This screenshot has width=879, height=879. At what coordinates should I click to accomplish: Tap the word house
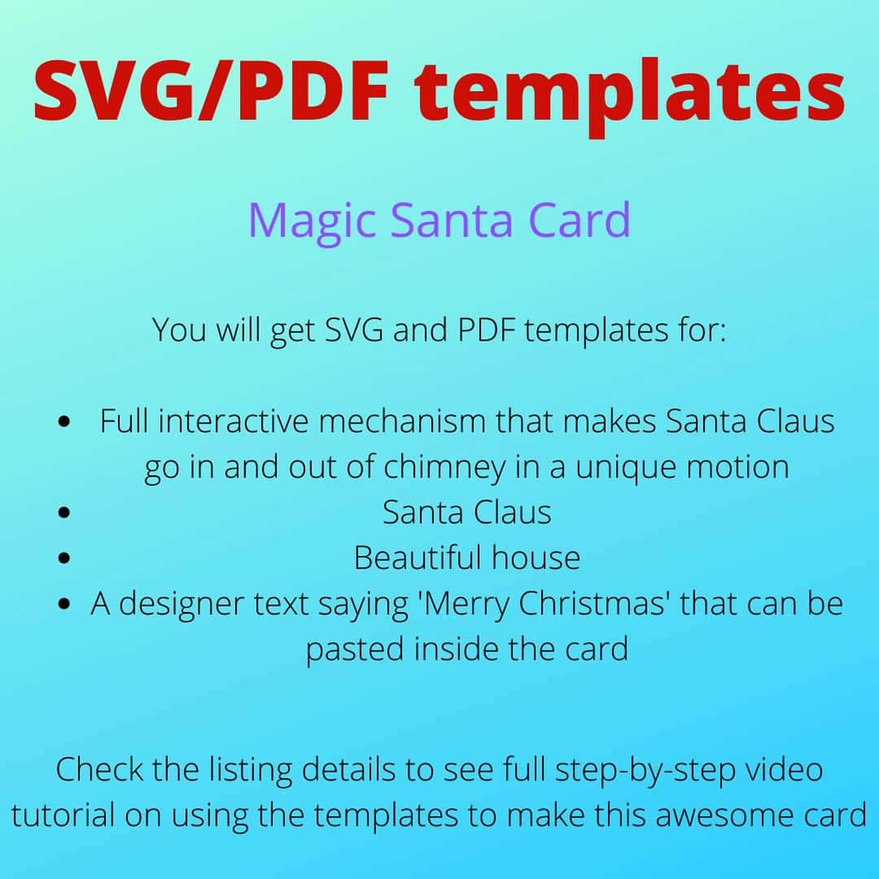536,558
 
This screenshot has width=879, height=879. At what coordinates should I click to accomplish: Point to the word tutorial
63,815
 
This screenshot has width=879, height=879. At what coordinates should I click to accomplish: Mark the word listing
251,771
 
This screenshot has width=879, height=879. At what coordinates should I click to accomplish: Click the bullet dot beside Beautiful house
64,558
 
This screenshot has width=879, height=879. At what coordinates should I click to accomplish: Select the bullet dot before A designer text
64,604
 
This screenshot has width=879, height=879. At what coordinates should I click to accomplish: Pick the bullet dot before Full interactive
64,421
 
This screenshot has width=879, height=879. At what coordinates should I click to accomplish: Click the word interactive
234,421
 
